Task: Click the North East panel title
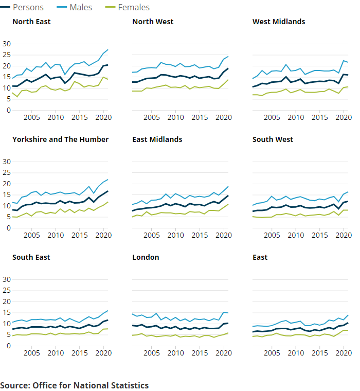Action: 31,22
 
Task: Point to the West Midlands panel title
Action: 279,22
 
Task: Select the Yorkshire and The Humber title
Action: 60,139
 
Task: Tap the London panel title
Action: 146,257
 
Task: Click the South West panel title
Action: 273,139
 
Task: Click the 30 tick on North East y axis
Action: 7,44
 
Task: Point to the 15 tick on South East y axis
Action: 7,313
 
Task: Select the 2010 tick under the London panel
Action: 176,353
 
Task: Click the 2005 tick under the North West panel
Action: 152,118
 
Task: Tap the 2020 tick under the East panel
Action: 343,353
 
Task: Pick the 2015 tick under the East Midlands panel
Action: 200,236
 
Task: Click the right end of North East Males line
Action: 107,50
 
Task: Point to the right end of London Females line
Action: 228,333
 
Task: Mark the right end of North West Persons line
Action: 228,68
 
